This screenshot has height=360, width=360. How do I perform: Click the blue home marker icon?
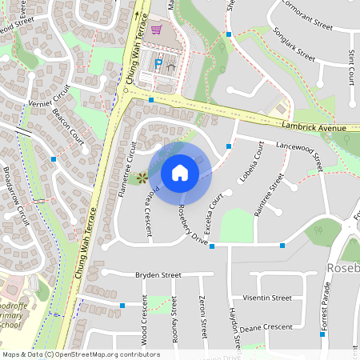pos(180,173)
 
